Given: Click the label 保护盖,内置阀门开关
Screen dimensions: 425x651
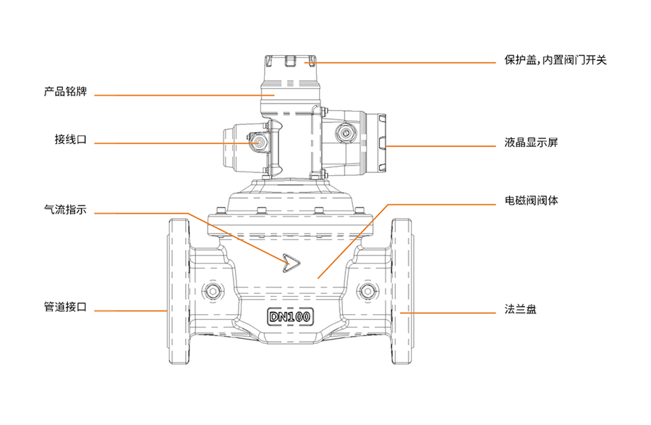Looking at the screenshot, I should point(555,60).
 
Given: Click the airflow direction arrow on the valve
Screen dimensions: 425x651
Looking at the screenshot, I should point(292,263).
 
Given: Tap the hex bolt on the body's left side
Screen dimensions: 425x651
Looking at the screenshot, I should point(212,292).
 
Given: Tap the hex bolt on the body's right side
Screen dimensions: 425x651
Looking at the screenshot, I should point(368,292).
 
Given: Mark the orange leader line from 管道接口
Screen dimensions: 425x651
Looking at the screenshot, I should point(130,311).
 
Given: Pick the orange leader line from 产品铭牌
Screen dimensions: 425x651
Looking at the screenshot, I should point(181,95).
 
